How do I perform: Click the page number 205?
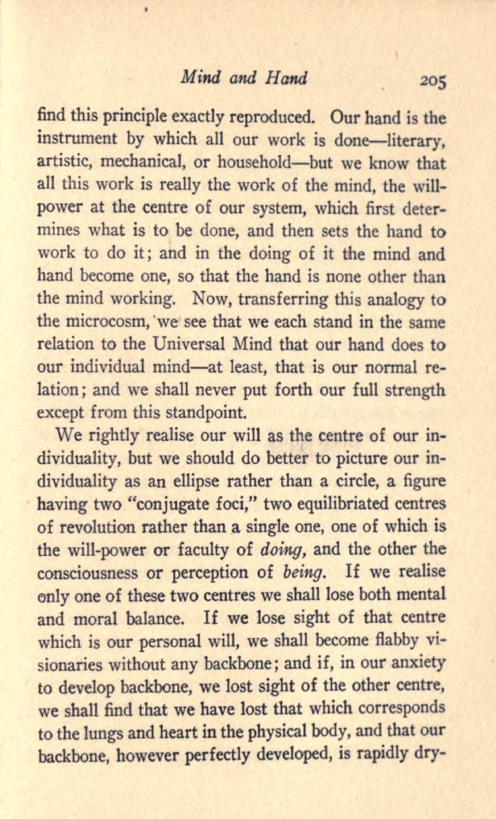432,80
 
